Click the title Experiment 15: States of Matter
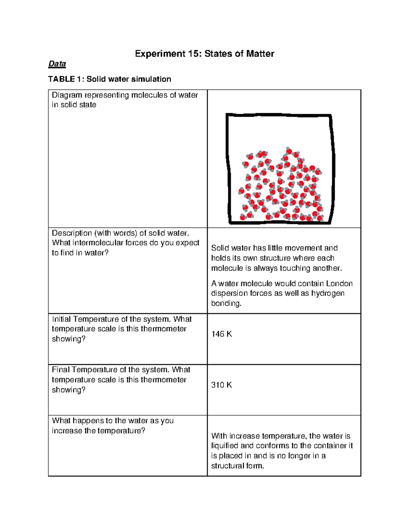(204, 54)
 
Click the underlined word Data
(57, 64)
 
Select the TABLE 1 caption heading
(109, 79)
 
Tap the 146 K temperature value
(222, 334)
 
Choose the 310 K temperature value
(222, 385)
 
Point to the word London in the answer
(339, 284)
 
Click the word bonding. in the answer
(226, 304)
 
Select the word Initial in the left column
(61, 319)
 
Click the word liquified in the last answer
(225, 446)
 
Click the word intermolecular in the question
(98, 243)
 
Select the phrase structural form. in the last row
(238, 466)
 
